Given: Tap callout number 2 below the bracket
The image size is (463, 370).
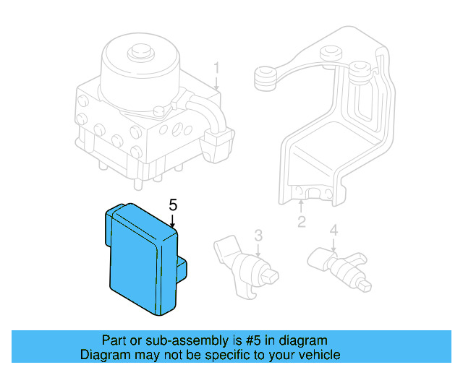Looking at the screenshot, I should click(x=301, y=223).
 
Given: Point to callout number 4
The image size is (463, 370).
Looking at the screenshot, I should click(x=334, y=231).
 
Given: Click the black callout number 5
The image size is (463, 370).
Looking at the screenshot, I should click(x=172, y=205).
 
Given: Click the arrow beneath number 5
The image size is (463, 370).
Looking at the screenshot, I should click(x=172, y=222).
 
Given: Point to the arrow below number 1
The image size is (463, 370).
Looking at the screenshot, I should click(x=216, y=83).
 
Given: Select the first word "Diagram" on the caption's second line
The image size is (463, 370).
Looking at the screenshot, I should click(x=103, y=355).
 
